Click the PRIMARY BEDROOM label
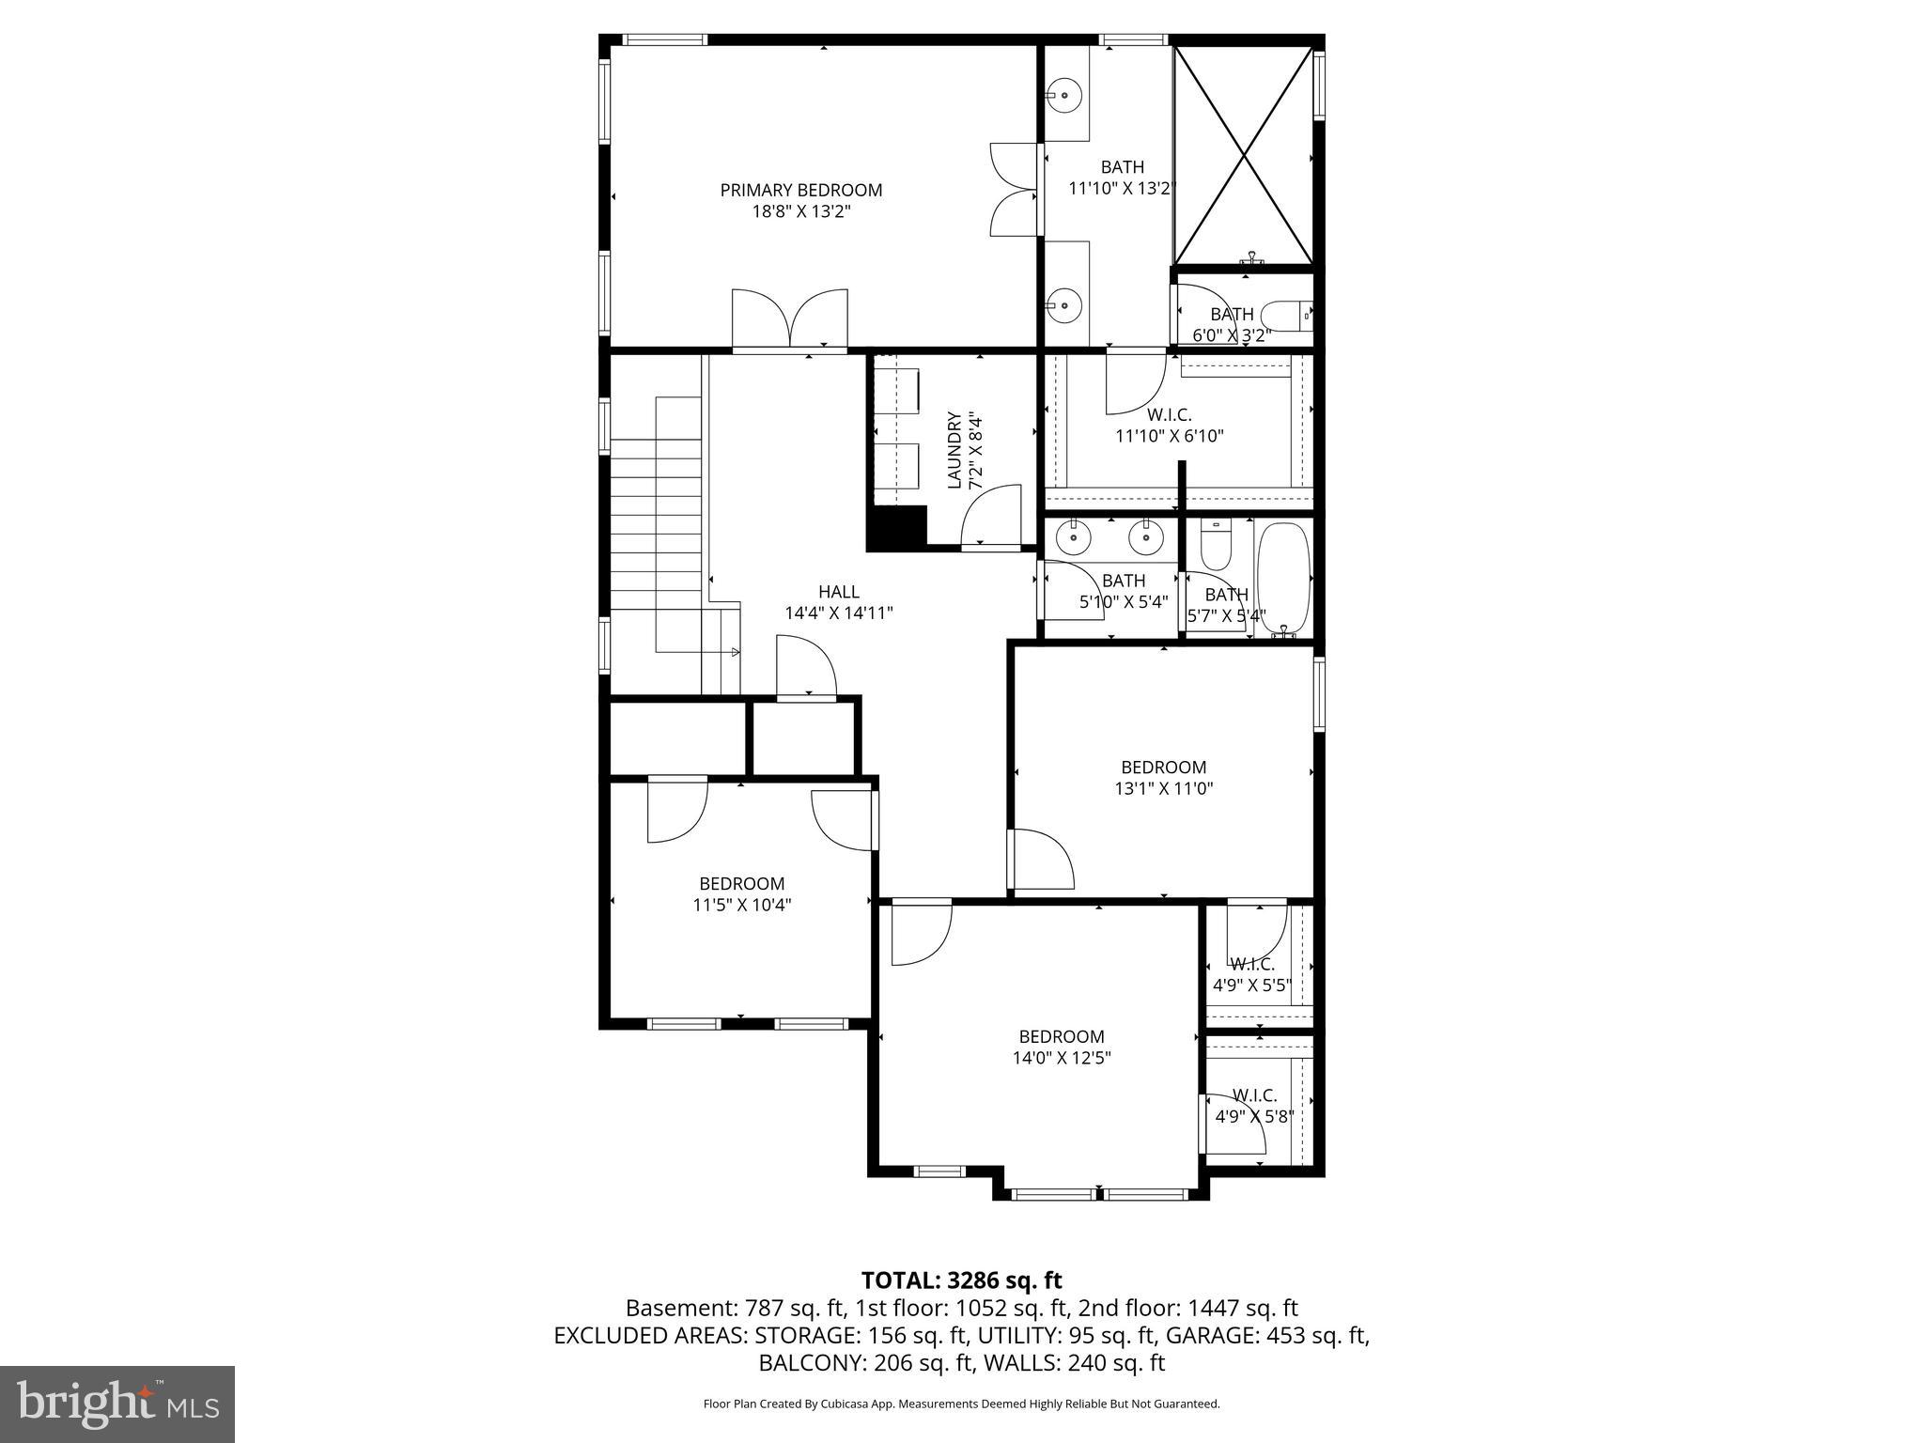click(800, 190)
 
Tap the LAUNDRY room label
click(954, 449)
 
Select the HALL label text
click(838, 592)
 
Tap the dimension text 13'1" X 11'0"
click(1163, 789)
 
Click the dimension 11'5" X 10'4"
click(741, 905)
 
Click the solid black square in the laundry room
click(896, 528)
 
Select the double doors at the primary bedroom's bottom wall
click(790, 319)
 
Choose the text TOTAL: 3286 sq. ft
click(961, 1280)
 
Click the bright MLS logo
click(117, 1404)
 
